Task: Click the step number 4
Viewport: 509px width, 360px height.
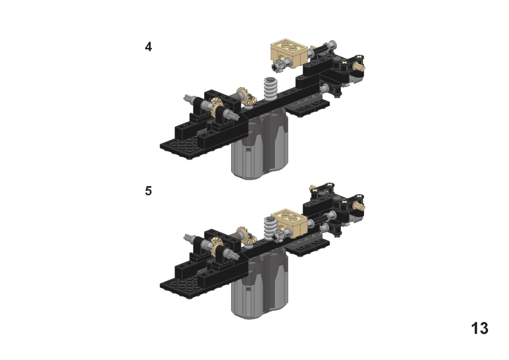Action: (x=148, y=47)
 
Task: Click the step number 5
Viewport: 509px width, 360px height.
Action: (x=148, y=191)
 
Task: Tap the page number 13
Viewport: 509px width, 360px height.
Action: (x=480, y=328)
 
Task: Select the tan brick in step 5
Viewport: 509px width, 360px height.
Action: (x=289, y=223)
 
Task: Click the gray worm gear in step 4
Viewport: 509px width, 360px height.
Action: (x=270, y=89)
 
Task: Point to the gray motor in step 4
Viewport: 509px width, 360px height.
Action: (x=260, y=146)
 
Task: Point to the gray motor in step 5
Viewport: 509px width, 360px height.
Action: (x=260, y=286)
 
